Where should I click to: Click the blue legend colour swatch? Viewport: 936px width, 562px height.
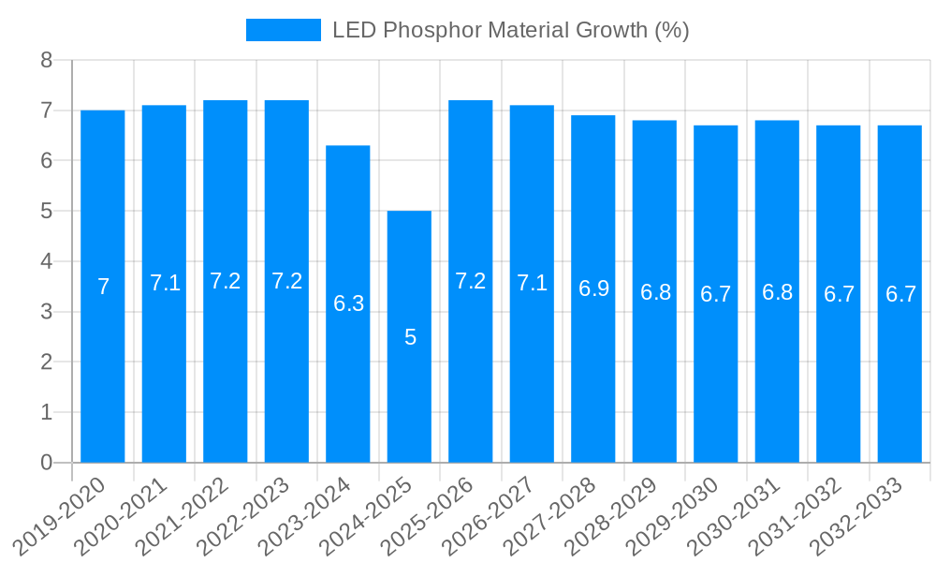click(x=283, y=30)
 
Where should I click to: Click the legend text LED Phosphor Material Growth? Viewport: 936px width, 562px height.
click(x=510, y=30)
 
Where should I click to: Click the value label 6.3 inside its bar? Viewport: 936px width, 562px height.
click(x=348, y=303)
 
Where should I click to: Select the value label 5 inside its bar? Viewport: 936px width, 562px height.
click(x=410, y=337)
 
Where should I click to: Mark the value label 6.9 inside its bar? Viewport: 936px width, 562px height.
click(x=593, y=288)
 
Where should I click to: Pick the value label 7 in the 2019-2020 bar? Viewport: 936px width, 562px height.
click(x=103, y=287)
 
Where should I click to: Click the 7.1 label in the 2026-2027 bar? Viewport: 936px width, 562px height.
click(x=532, y=283)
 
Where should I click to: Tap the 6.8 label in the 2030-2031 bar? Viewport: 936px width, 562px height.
click(x=777, y=292)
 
